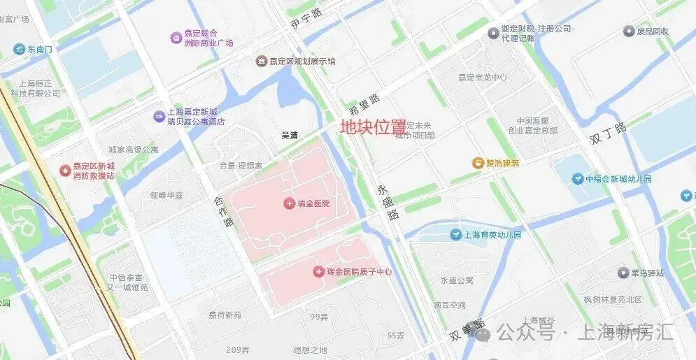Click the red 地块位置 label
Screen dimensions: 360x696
pyautogui.click(x=373, y=127)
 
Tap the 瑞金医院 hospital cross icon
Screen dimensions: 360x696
pyautogui.click(x=289, y=203)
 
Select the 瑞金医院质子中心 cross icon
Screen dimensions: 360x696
pyautogui.click(x=319, y=271)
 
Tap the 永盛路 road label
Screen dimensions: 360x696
pyautogui.click(x=387, y=203)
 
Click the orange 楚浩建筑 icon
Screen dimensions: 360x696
pyautogui.click(x=478, y=163)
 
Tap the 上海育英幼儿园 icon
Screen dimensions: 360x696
pyautogui.click(x=456, y=235)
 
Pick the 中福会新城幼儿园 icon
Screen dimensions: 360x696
pyautogui.click(x=577, y=179)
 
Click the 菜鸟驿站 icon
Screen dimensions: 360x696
pyautogui.click(x=623, y=273)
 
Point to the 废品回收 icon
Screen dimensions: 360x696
pyautogui.click(x=629, y=31)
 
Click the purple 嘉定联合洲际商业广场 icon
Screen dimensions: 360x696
pyautogui.click(x=176, y=37)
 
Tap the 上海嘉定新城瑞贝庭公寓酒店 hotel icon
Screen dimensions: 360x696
pyautogui.click(x=159, y=117)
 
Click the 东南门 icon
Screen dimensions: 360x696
pyautogui.click(x=19, y=49)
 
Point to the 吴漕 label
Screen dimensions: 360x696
pyautogui.click(x=290, y=136)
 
